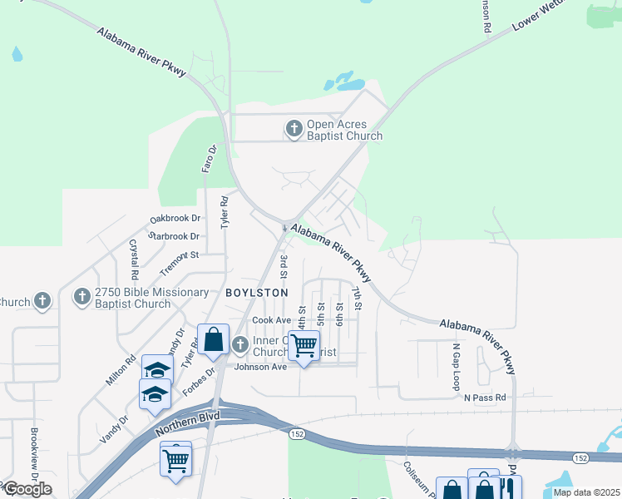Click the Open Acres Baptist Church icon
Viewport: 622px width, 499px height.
294,129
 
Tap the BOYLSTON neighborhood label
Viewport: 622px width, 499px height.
257,293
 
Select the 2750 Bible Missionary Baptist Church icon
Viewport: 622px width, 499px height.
82,297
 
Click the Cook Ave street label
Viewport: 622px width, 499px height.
272,320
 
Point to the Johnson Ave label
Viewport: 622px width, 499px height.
260,366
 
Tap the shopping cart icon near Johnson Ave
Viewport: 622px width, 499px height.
304,344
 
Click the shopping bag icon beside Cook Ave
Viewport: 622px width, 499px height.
214,339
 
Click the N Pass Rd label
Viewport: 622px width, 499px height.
485,398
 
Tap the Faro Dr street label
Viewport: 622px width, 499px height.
210,158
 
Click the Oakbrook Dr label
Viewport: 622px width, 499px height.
175,219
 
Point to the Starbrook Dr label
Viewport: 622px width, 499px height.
175,236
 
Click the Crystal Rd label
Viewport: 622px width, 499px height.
133,259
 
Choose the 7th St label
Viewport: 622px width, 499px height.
358,299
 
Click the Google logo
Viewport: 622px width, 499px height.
27,488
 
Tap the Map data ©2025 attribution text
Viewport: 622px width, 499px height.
585,492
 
